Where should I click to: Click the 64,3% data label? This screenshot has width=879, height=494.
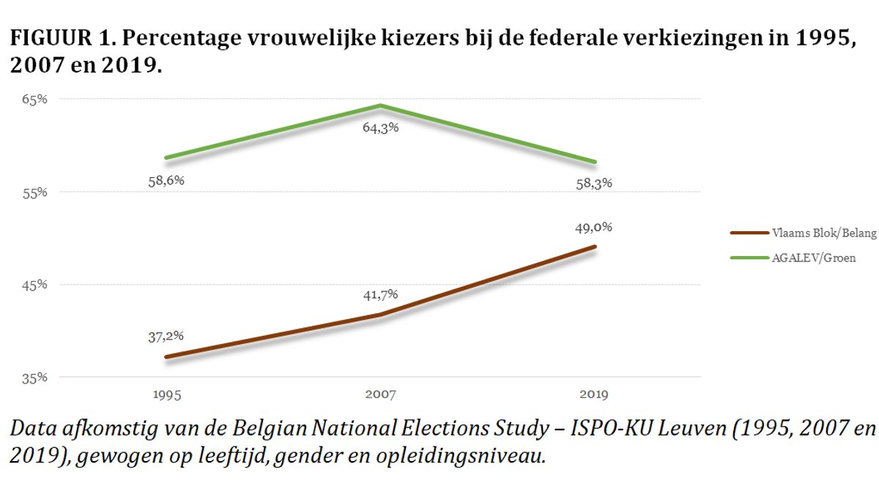(x=380, y=127)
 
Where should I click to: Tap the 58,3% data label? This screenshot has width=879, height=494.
(x=594, y=183)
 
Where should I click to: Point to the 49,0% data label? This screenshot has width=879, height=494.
(x=594, y=227)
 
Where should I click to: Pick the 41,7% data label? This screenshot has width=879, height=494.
(x=380, y=294)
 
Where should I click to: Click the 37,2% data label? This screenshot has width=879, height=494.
(x=166, y=336)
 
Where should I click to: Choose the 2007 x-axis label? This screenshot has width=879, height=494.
(x=380, y=394)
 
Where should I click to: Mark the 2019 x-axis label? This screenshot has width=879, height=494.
(x=594, y=394)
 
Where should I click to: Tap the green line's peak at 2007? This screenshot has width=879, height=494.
(x=380, y=105)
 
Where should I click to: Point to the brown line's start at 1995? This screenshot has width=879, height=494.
(x=166, y=357)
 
